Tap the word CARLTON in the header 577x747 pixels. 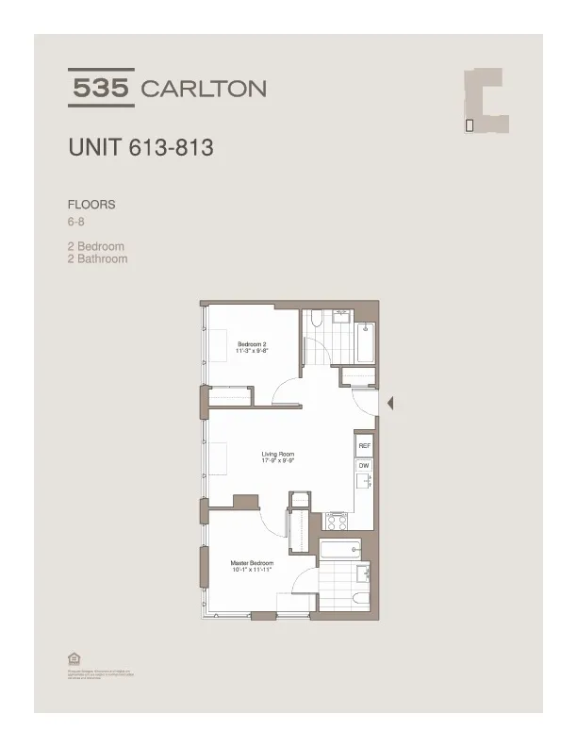click(203, 90)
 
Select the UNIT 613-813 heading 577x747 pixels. click(140, 148)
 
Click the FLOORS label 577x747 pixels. click(91, 204)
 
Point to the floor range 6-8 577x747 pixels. click(76, 223)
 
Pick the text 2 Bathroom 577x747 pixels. click(97, 258)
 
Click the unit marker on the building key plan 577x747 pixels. click(470, 124)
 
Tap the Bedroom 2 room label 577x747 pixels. click(253, 344)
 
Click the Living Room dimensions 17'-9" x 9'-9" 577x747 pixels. click(279, 461)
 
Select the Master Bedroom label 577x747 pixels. click(251, 562)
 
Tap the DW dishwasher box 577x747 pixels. click(363, 465)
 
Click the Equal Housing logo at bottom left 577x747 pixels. click(74, 658)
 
